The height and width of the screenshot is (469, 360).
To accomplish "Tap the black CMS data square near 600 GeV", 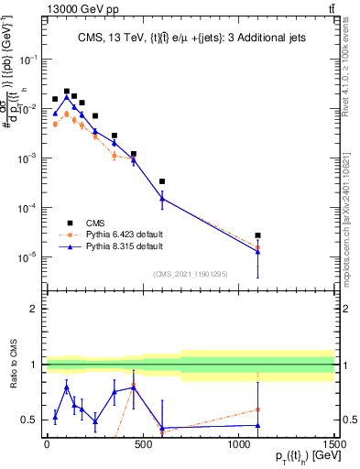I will point(162,181).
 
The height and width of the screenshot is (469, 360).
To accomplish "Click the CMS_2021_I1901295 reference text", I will point(189,273).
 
